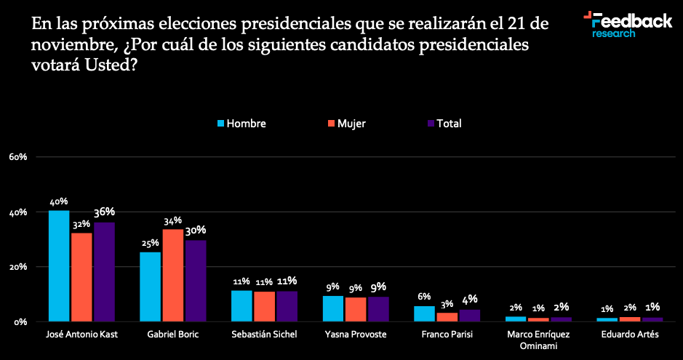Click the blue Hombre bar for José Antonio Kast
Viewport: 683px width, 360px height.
pyautogui.click(x=59, y=265)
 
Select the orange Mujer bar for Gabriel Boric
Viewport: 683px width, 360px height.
pyautogui.click(x=173, y=275)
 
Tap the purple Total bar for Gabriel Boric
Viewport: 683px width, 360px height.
pyautogui.click(x=196, y=281)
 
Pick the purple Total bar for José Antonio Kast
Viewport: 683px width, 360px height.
pyautogui.click(x=104, y=271)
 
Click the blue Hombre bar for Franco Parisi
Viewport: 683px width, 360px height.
pyautogui.click(x=424, y=313)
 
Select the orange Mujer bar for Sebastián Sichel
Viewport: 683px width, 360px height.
pyautogui.click(x=264, y=306)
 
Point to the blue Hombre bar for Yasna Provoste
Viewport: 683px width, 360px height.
pyautogui.click(x=333, y=308)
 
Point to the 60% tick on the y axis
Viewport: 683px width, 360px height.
pyautogui.click(x=18, y=157)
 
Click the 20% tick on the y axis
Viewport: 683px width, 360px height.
pyautogui.click(x=18, y=267)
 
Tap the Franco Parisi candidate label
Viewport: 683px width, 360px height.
pyautogui.click(x=446, y=334)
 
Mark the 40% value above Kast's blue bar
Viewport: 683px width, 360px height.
pyautogui.click(x=59, y=201)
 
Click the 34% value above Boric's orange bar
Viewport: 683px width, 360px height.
pyautogui.click(x=173, y=220)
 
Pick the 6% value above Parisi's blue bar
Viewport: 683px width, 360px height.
pyautogui.click(x=424, y=297)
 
